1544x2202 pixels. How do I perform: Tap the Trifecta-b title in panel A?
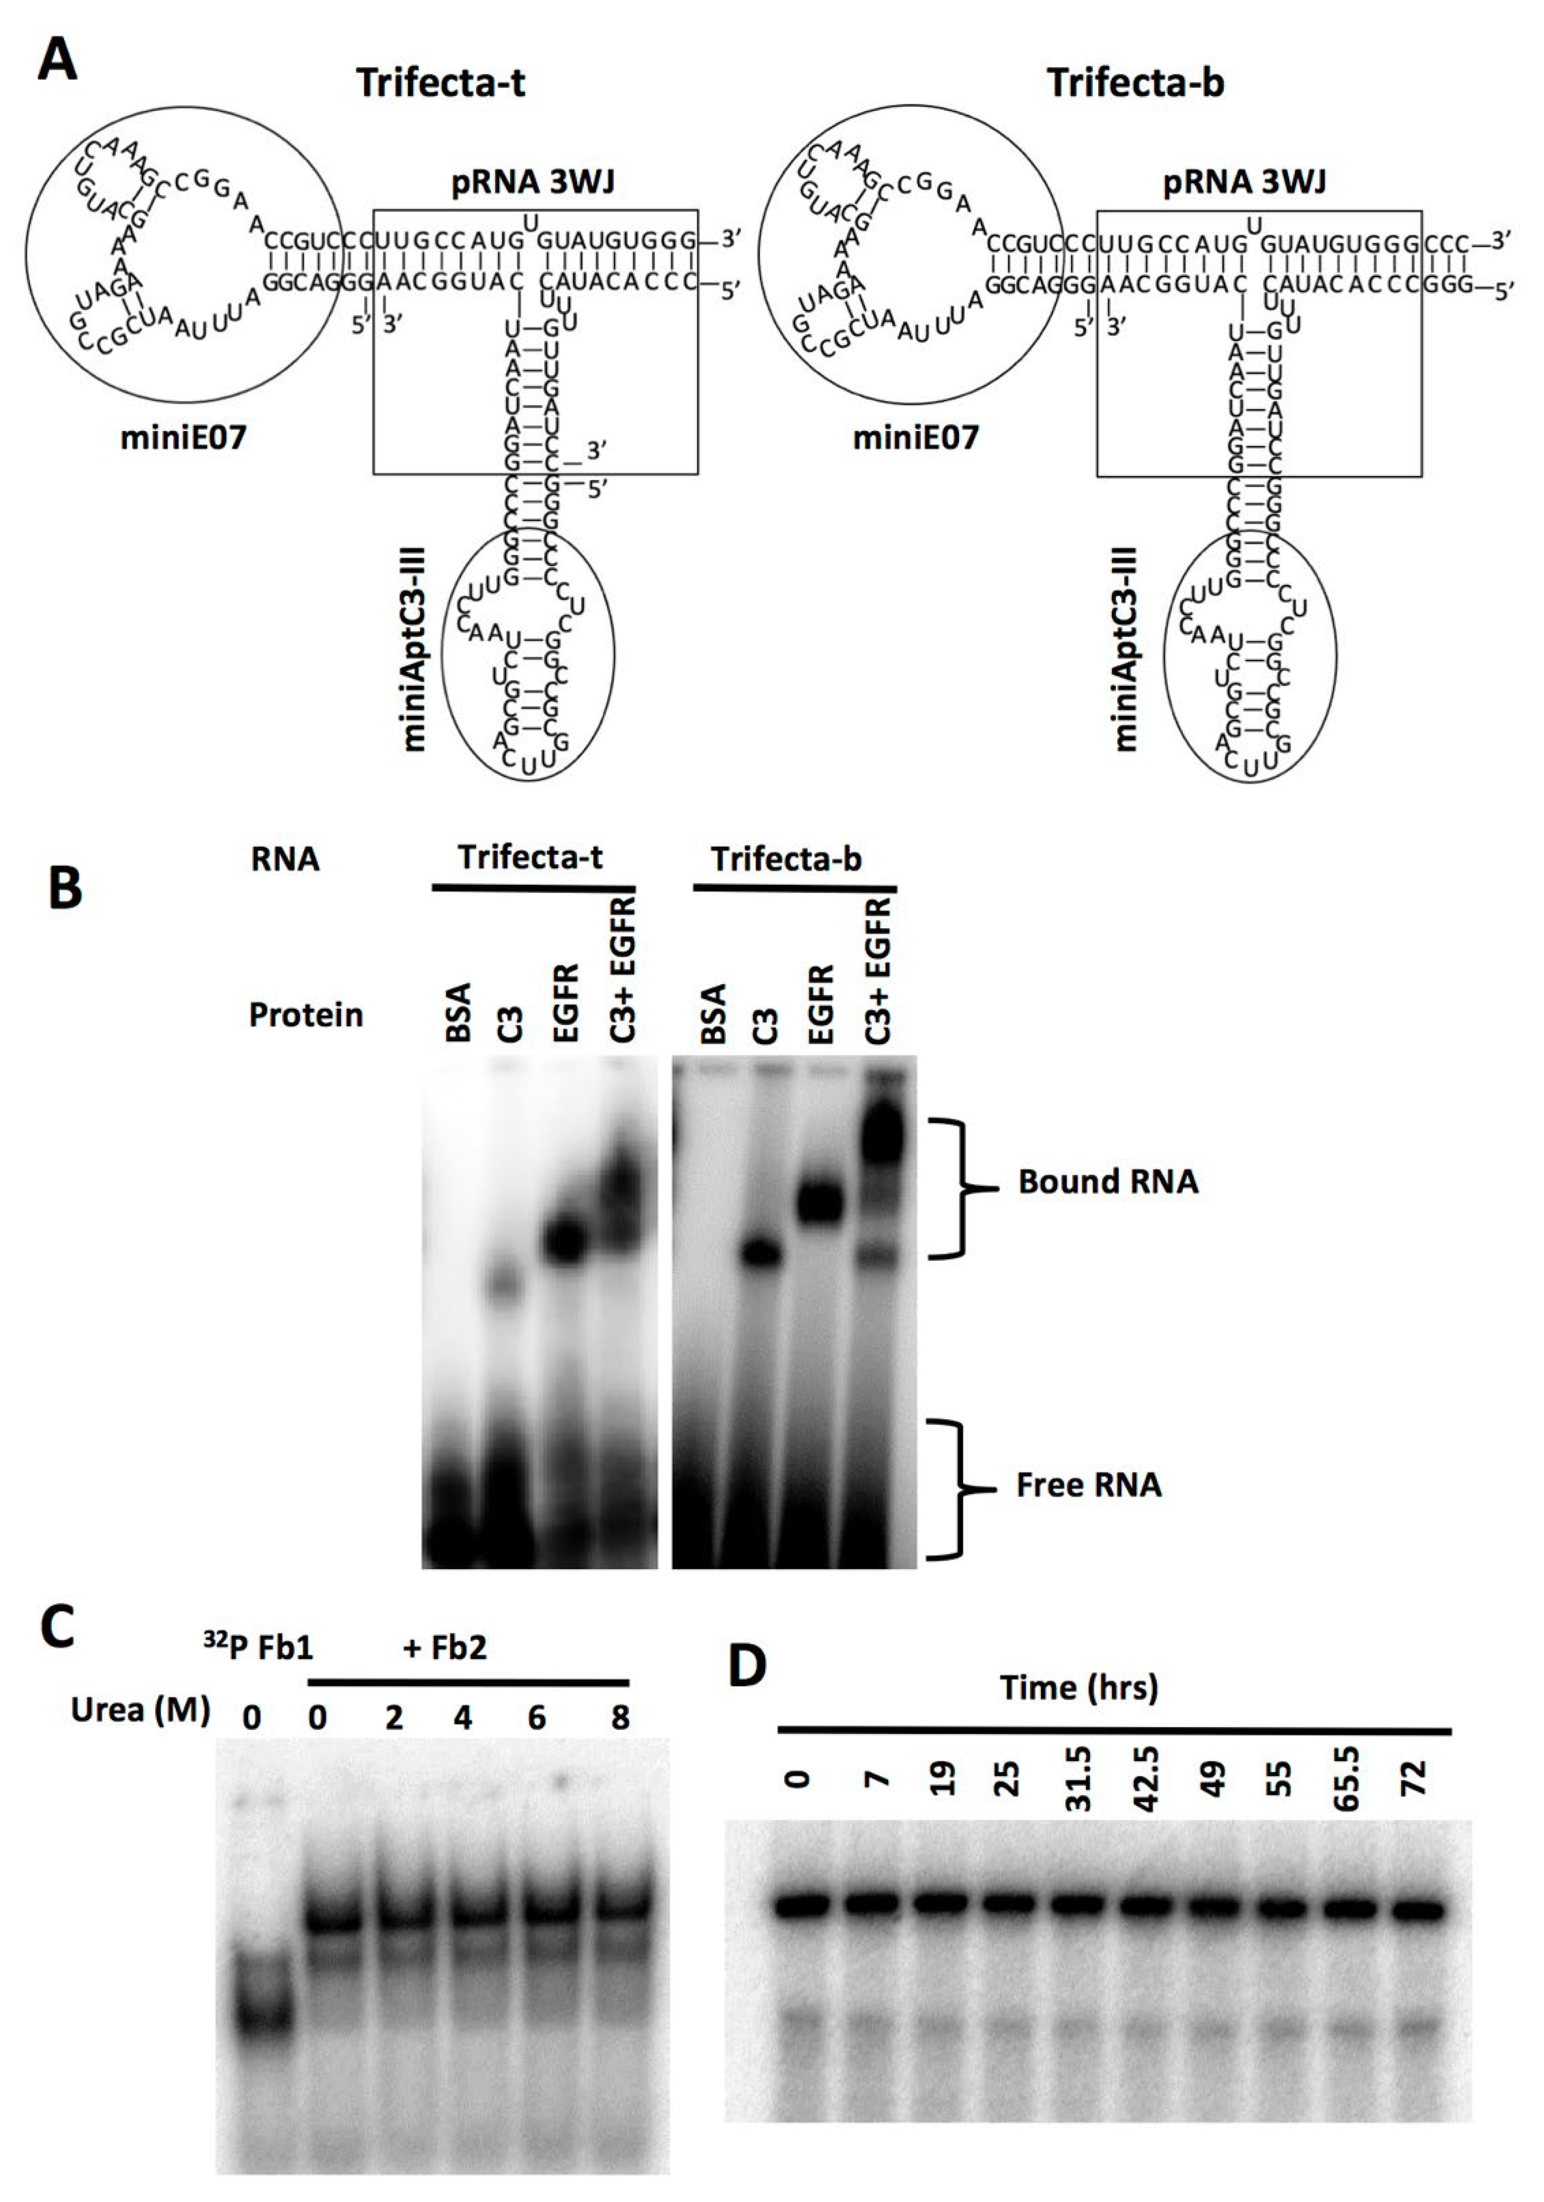click(x=1134, y=83)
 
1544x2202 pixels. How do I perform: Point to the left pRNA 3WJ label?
click(x=520, y=182)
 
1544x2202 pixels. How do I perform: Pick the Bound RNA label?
click(x=1107, y=1181)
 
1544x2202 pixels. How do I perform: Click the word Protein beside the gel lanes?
click(x=306, y=1015)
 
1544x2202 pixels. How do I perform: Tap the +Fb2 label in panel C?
click(x=444, y=1648)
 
